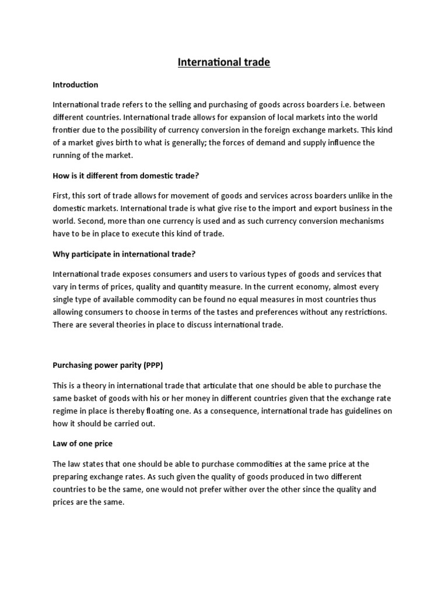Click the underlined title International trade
[224, 62]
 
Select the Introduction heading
[75, 85]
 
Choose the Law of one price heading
[82, 444]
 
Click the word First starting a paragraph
[62, 195]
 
